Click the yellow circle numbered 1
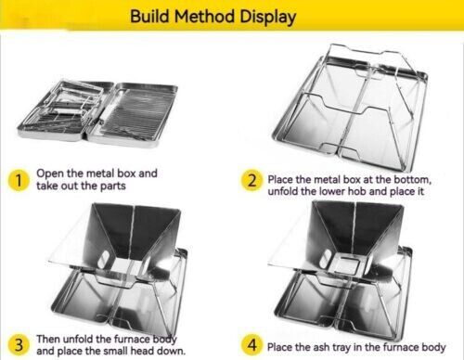tap(18, 180)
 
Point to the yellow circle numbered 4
tap(251, 345)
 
